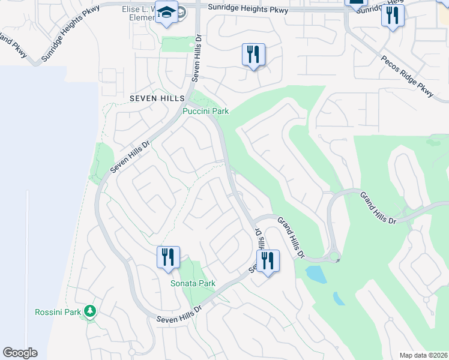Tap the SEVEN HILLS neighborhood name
(151, 98)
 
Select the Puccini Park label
(206, 112)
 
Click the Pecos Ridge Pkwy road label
(407, 76)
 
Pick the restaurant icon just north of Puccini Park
(253, 55)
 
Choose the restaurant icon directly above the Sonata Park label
(168, 257)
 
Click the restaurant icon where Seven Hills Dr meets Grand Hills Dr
(268, 261)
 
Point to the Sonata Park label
(193, 283)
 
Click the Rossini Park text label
(58, 312)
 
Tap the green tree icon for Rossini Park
(90, 311)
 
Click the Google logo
(20, 353)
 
